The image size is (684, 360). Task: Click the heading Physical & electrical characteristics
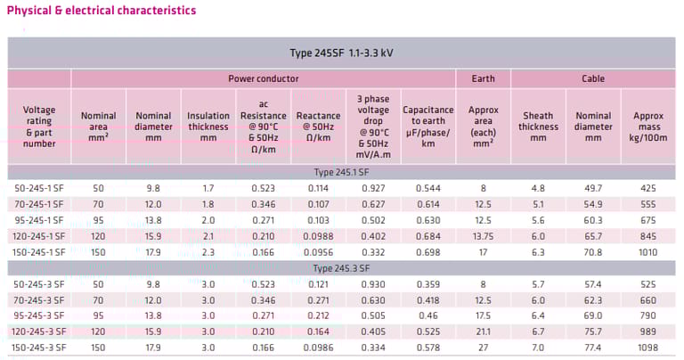(x=102, y=11)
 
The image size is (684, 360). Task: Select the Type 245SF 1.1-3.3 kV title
(x=342, y=53)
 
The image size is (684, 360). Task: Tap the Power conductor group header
(x=263, y=78)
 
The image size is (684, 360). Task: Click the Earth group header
(x=482, y=78)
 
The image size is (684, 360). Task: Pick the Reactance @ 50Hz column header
(x=318, y=127)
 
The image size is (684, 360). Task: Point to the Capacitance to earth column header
(x=427, y=127)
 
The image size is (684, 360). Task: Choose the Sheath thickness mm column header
(x=538, y=127)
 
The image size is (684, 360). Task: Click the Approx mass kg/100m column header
(x=647, y=127)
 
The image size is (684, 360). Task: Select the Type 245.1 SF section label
(x=342, y=172)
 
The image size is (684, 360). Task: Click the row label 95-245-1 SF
(x=39, y=220)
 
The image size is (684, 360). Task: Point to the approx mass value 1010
(x=647, y=252)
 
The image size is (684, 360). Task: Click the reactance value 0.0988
(x=318, y=236)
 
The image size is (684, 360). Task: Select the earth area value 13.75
(x=482, y=236)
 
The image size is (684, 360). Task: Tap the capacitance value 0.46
(x=427, y=315)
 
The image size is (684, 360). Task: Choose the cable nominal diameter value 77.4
(x=593, y=347)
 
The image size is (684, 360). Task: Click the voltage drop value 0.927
(x=373, y=188)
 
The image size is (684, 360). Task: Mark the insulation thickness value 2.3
(x=208, y=252)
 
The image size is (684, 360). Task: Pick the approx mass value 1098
(x=647, y=347)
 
